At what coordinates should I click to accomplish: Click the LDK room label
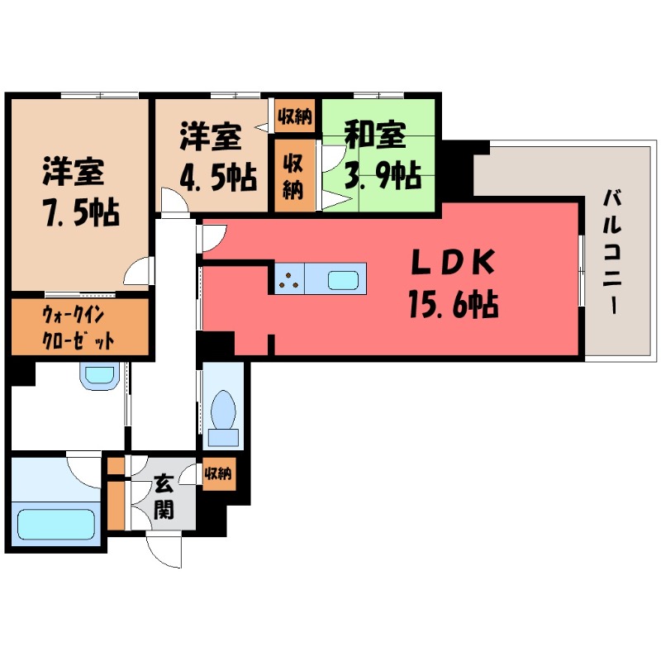click(x=453, y=263)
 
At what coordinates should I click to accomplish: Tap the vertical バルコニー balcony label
click(x=611, y=251)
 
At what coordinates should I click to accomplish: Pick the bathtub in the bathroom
click(x=56, y=524)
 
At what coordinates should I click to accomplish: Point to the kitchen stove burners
click(x=289, y=280)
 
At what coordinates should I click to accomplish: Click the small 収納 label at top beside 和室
click(x=294, y=117)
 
